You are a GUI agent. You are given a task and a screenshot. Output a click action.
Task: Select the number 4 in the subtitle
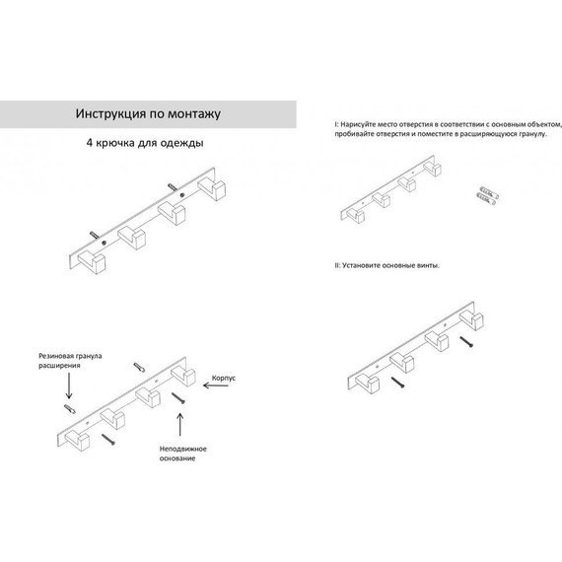[90, 143]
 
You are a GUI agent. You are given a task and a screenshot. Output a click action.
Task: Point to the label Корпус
[223, 379]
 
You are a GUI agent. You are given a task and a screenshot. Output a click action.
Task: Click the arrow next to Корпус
[216, 386]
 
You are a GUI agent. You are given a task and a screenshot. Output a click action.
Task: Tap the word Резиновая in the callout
[53, 356]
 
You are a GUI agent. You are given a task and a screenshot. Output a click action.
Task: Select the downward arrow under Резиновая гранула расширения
[69, 386]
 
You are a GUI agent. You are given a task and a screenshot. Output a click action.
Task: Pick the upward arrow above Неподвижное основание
[180, 425]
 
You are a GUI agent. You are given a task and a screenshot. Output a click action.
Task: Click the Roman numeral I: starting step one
[336, 125]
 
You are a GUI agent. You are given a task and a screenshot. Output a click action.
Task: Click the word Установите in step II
[361, 265]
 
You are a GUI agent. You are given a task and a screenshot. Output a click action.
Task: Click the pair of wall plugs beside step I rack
[488, 195]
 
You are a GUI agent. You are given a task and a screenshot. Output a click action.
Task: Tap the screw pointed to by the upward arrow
[178, 398]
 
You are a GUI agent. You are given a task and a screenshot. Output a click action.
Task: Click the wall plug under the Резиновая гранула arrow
[70, 409]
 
